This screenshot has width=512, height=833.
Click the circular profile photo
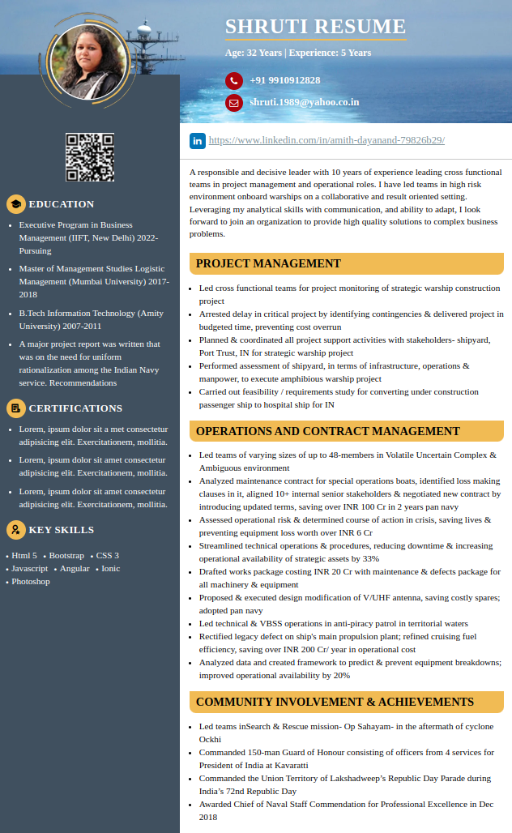click(89, 61)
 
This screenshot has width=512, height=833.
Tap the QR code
click(89, 157)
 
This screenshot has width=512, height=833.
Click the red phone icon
click(234, 80)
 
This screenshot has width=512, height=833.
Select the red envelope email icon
click(234, 103)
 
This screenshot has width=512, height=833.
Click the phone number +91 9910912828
click(284, 80)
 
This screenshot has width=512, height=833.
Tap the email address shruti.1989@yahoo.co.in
click(304, 102)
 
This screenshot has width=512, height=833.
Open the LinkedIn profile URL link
click(326, 140)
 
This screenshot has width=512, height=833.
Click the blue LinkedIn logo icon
click(198, 140)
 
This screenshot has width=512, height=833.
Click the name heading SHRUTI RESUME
click(315, 27)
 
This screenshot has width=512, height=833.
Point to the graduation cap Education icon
click(15, 204)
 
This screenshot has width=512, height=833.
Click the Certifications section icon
click(15, 408)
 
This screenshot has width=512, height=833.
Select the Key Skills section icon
click(15, 530)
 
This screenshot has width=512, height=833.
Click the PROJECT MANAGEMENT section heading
click(268, 263)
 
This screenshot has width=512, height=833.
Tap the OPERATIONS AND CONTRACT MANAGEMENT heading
click(327, 431)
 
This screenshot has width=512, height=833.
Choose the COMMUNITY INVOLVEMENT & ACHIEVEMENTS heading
click(335, 702)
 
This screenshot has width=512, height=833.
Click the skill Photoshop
click(31, 581)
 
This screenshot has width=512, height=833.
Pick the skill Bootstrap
click(66, 555)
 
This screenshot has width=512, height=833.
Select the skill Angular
click(75, 568)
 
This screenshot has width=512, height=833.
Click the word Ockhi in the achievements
click(210, 739)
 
